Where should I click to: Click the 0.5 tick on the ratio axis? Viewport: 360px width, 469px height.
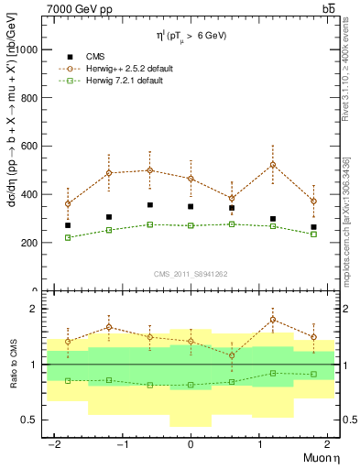[32, 420]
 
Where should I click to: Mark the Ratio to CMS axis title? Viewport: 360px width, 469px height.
[15, 365]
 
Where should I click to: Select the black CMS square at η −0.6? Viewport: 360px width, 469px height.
[149, 205]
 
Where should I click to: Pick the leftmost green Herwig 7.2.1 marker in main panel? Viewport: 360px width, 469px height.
[68, 237]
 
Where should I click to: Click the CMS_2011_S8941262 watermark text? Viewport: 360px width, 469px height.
[191, 274]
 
